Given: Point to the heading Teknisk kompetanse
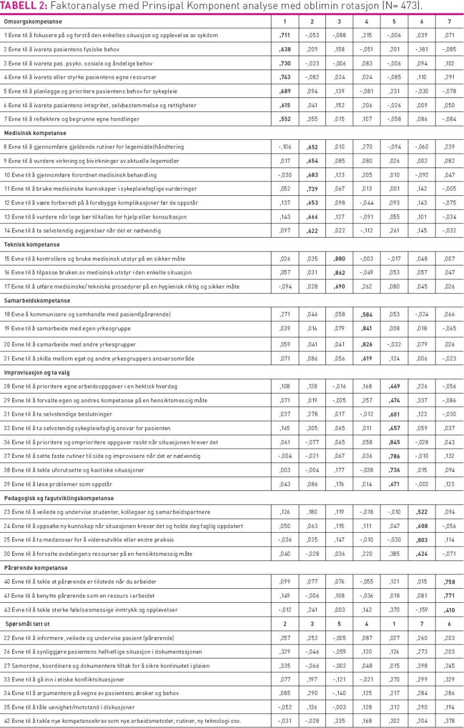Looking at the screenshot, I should coord(30,244).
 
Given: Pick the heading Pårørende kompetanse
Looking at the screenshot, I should coord(35,567).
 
